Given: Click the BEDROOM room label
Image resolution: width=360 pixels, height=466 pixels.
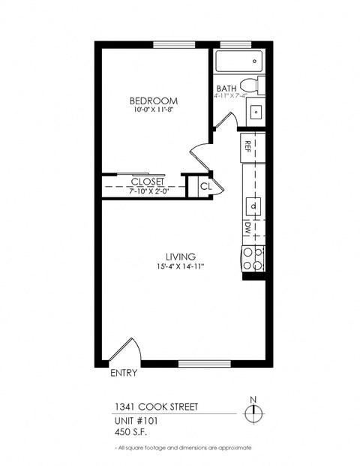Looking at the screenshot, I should pos(153,101).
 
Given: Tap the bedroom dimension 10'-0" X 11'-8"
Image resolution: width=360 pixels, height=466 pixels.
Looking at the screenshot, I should pos(153,110).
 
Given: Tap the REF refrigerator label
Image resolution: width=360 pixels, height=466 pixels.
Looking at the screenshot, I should pos(247,146).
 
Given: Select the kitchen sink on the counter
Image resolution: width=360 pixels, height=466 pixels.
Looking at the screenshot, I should pos(253,205).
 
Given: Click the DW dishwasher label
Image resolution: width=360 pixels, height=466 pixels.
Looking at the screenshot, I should pos(247,227).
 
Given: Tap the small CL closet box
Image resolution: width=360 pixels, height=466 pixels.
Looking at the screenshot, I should pos(204,185).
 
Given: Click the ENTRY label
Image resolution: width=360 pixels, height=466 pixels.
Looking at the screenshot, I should pos(123,373).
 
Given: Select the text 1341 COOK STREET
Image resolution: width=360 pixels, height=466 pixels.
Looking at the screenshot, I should pos(148,408).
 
